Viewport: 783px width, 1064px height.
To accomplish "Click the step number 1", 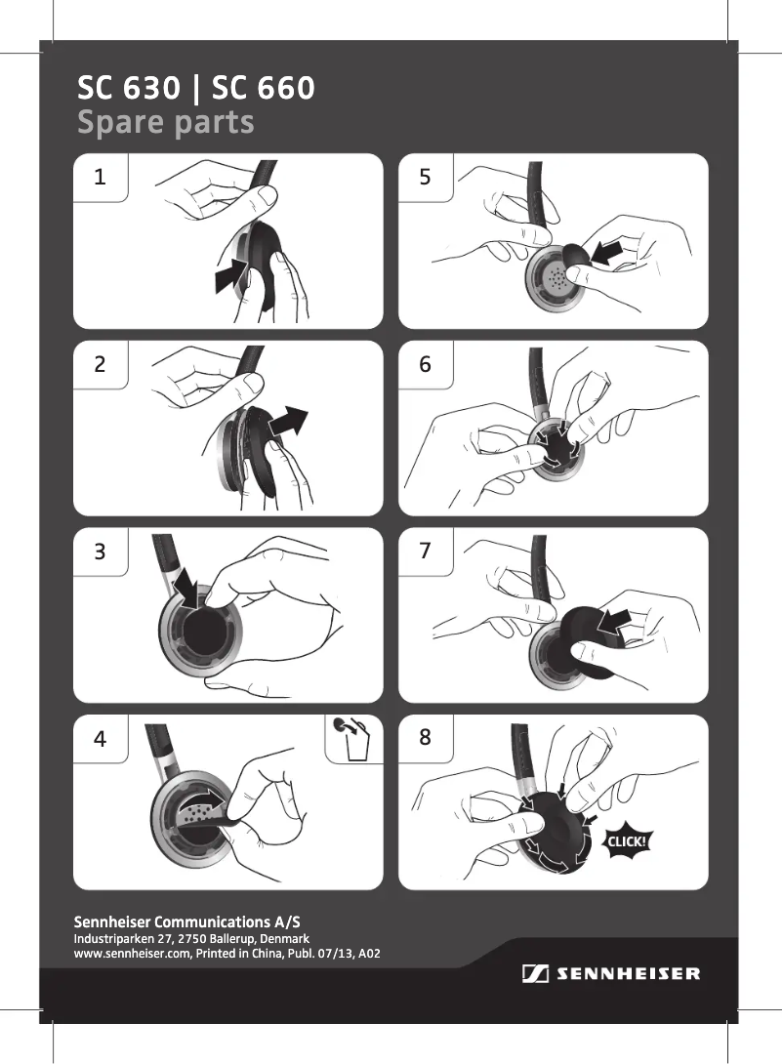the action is tap(100, 177).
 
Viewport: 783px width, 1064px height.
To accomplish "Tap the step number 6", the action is tap(426, 364).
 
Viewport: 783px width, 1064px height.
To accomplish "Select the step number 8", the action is tap(426, 737).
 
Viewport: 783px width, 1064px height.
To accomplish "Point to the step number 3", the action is tap(100, 551).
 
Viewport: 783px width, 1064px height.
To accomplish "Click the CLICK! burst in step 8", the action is tap(627, 842).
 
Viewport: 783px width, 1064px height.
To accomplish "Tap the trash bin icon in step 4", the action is tap(353, 739).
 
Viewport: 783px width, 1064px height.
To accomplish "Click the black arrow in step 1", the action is tap(230, 275).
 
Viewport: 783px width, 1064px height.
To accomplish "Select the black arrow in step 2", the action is tap(288, 423).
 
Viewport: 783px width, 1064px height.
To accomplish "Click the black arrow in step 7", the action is tap(614, 622).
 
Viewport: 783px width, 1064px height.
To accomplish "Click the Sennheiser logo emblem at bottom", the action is tap(535, 974).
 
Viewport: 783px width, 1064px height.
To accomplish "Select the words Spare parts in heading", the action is tap(166, 123).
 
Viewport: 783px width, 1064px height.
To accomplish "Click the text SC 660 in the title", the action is tap(264, 88).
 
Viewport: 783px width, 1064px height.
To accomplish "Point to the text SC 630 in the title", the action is tap(129, 88).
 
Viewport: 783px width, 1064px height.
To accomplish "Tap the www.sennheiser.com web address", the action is tap(133, 954).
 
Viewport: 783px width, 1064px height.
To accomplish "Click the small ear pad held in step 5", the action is tap(575, 259).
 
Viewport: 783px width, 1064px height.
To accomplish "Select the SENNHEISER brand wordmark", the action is tap(629, 974).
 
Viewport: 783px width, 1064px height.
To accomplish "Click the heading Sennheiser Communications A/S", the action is tap(186, 922).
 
